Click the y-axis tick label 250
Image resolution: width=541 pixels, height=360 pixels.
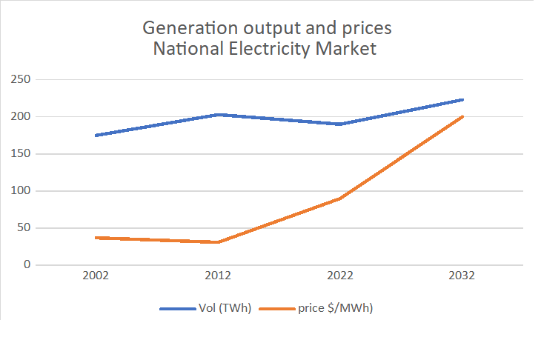pos(20,79)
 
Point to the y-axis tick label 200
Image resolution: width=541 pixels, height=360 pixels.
pos(20,116)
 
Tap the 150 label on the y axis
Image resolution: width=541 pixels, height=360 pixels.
pos(20,153)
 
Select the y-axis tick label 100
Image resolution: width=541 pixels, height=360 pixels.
pos(20,190)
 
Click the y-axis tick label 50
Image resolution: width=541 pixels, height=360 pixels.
pos(23,227)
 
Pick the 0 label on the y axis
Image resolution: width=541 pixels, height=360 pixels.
pos(26,264)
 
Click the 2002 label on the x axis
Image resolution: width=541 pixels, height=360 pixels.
pos(96,276)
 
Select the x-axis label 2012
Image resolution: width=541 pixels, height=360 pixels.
pos(218,276)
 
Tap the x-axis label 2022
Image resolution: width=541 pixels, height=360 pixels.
pos(340,276)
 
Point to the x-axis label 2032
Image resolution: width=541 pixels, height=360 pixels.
pos(462,276)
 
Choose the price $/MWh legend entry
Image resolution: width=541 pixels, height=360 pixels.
pos(335,309)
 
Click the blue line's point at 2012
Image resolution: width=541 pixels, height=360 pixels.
pos(218,115)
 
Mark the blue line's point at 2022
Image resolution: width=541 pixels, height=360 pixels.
pos(340,124)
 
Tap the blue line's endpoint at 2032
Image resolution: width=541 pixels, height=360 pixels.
pos(462,99)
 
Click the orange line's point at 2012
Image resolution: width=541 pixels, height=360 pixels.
pos(218,242)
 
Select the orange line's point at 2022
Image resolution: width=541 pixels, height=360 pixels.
pos(340,199)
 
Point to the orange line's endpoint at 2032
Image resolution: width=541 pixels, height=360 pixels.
pos(462,116)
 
